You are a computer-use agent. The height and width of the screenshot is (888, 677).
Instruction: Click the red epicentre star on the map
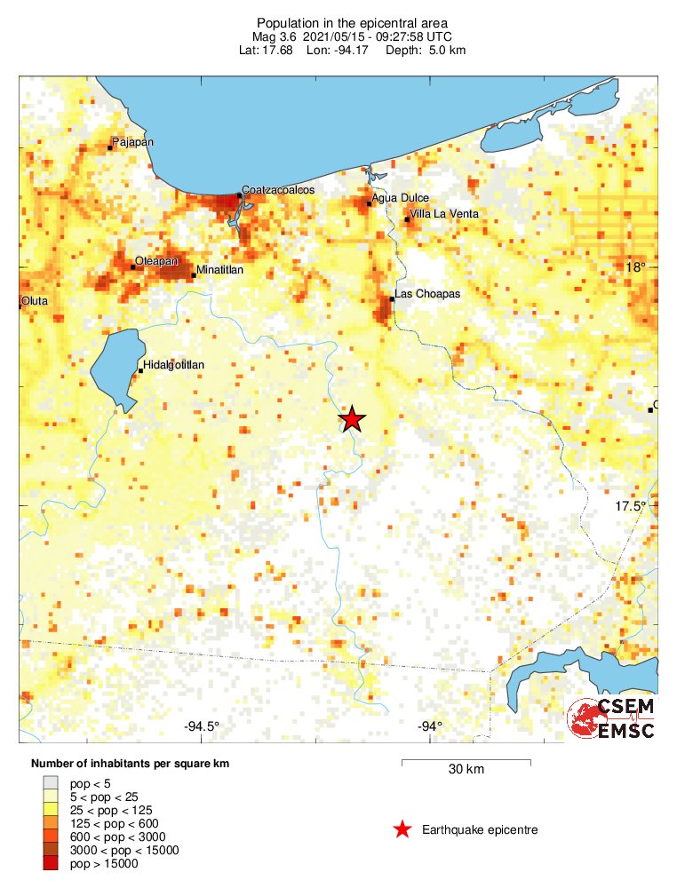pyautogui.click(x=353, y=419)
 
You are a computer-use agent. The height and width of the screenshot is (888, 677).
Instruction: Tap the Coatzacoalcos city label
pyautogui.click(x=278, y=190)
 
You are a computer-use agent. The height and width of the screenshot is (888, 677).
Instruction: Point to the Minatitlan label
pyautogui.click(x=219, y=269)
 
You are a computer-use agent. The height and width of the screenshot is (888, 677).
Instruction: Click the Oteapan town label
pyautogui.click(x=157, y=261)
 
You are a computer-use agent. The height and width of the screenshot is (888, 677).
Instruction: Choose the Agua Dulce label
pyautogui.click(x=401, y=198)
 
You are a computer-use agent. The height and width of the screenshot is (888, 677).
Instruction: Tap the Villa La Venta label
pyautogui.click(x=443, y=214)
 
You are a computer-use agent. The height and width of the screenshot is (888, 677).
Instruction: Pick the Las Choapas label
pyautogui.click(x=426, y=294)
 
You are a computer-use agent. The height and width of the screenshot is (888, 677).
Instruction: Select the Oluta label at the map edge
pyautogui.click(x=35, y=301)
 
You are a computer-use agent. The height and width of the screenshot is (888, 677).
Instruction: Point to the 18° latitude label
pyautogui.click(x=634, y=266)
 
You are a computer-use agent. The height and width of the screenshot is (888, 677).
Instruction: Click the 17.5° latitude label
pyautogui.click(x=632, y=506)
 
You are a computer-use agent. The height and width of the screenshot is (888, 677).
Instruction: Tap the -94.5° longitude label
pyautogui.click(x=202, y=726)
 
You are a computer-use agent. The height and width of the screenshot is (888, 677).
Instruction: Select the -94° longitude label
pyautogui.click(x=430, y=726)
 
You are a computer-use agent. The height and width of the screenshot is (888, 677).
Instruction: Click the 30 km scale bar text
pyautogui.click(x=466, y=770)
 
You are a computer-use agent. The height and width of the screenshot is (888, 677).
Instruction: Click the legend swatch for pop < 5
pyautogui.click(x=52, y=782)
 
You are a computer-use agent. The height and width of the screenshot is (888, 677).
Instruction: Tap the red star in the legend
pyautogui.click(x=402, y=829)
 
